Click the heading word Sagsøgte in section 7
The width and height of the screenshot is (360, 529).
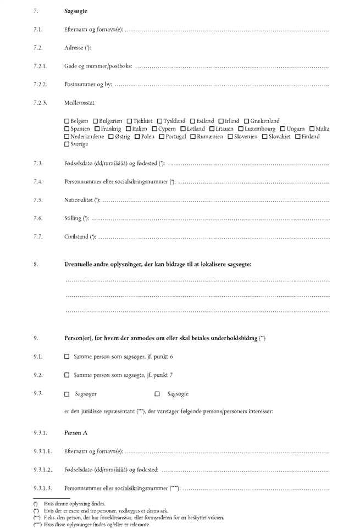point(75,11)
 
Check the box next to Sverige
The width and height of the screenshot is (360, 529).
point(67,144)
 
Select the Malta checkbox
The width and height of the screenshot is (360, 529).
point(312,129)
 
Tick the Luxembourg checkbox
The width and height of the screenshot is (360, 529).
point(241,129)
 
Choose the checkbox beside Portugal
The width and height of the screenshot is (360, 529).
point(162,137)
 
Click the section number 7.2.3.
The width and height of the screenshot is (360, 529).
point(40,102)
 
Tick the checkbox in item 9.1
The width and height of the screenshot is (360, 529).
point(67,357)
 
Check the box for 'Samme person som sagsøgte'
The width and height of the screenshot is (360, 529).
point(67,375)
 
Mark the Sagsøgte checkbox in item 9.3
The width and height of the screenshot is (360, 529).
point(157,394)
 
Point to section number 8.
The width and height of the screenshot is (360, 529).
point(36,265)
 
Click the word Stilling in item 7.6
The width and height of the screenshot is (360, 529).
point(73,219)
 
